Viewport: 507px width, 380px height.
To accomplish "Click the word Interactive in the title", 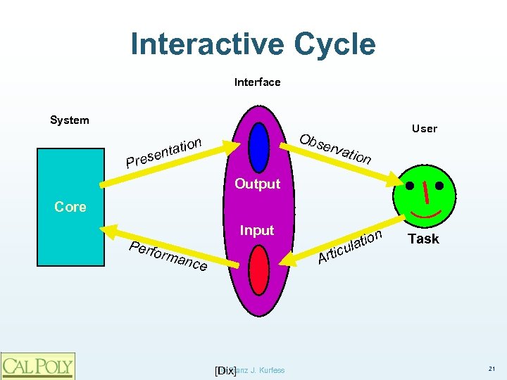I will point(205,44).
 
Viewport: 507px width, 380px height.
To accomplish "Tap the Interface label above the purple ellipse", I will point(257,82).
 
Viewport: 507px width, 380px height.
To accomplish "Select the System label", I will point(70,120).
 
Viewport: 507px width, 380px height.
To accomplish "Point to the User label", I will point(425,129).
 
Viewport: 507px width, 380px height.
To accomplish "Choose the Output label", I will point(257,184).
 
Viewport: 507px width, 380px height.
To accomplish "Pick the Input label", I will point(257,231).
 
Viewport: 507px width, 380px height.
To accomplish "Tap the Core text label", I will point(70,207).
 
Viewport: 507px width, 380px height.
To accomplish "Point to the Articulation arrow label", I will point(350,248).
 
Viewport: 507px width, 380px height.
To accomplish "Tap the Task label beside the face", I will point(424,239).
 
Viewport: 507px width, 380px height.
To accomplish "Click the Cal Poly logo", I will point(37,366).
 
